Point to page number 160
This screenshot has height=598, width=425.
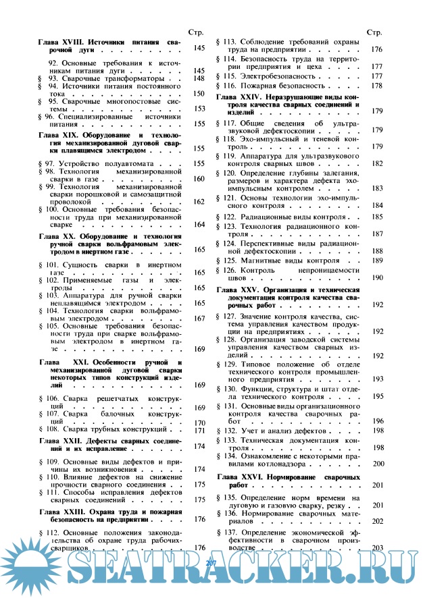pyautogui.click(x=199, y=180)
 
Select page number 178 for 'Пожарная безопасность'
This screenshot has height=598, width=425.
pyautogui.click(x=377, y=86)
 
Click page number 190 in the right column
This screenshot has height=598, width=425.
pyautogui.click(x=377, y=278)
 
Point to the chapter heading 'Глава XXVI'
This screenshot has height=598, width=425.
pyautogui.click(x=242, y=477)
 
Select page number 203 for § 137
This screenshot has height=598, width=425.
pyautogui.click(x=377, y=548)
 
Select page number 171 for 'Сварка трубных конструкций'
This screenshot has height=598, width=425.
pyautogui.click(x=199, y=430)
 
